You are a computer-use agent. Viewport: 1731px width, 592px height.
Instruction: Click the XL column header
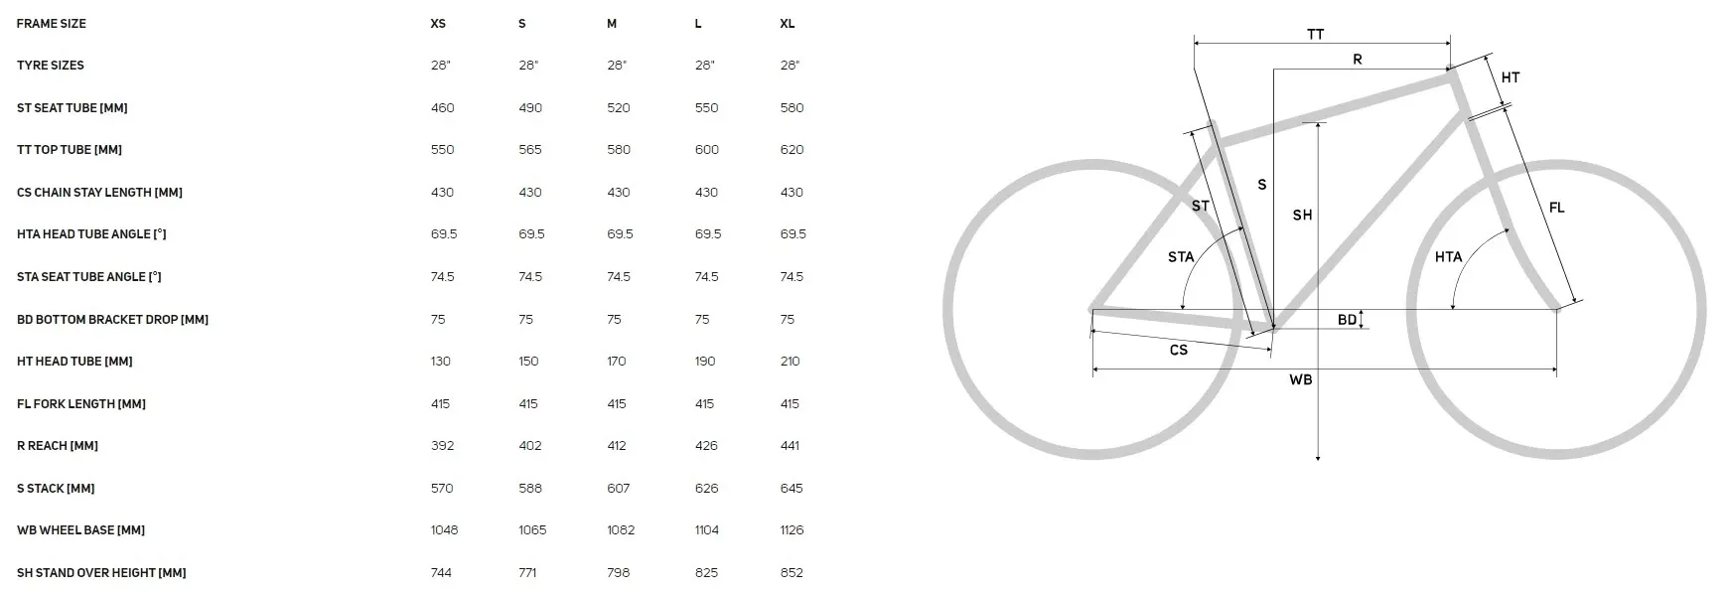tap(787, 23)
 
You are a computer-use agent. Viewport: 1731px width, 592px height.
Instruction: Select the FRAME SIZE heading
tap(52, 23)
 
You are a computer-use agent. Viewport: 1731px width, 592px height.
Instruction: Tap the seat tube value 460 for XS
tap(443, 107)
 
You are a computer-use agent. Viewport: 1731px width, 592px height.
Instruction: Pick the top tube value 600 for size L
tap(707, 150)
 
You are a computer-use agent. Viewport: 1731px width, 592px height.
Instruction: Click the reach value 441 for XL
tap(791, 446)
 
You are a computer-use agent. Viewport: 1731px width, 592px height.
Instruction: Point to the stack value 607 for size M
tap(619, 488)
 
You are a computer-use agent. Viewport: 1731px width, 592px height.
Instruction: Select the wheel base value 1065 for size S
tap(532, 530)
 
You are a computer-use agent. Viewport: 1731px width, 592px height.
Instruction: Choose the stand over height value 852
tap(792, 572)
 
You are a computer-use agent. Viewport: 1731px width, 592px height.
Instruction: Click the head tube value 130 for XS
tap(441, 362)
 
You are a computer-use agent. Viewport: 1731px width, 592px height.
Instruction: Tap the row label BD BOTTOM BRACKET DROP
tap(112, 319)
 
